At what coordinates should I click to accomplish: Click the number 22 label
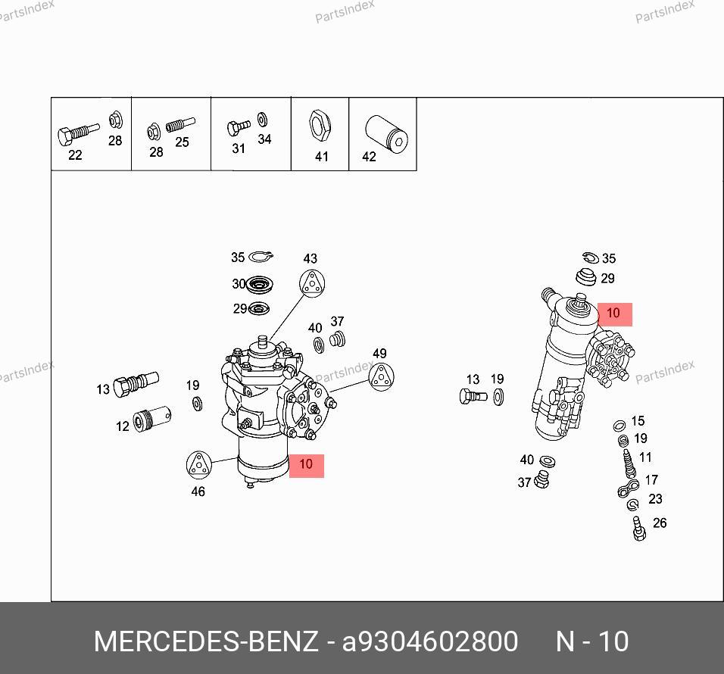pyautogui.click(x=75, y=155)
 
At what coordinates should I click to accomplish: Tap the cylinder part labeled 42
pyautogui.click(x=386, y=134)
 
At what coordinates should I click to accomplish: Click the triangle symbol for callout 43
pyautogui.click(x=312, y=283)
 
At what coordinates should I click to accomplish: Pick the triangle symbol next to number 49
pyautogui.click(x=381, y=376)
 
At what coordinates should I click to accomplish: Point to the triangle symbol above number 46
pyautogui.click(x=198, y=464)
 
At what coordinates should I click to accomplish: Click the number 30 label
pyautogui.click(x=239, y=283)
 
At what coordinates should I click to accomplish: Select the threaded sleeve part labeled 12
pyautogui.click(x=152, y=419)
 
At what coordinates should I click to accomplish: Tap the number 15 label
pyautogui.click(x=638, y=420)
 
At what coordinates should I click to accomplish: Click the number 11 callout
pyautogui.click(x=645, y=457)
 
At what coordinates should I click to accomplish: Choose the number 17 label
pyautogui.click(x=651, y=480)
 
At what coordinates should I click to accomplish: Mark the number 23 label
pyautogui.click(x=655, y=499)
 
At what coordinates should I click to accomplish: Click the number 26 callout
pyautogui.click(x=660, y=523)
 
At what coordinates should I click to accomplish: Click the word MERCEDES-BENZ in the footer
pyautogui.click(x=205, y=641)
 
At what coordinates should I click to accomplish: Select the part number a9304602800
pyautogui.click(x=430, y=641)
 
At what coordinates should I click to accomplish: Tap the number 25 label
pyautogui.click(x=182, y=142)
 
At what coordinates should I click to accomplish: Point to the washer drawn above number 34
pyautogui.click(x=262, y=119)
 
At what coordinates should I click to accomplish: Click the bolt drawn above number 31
pyautogui.click(x=239, y=127)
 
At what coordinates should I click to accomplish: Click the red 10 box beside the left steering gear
pyautogui.click(x=307, y=466)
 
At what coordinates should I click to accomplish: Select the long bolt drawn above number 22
pyautogui.click(x=78, y=133)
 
